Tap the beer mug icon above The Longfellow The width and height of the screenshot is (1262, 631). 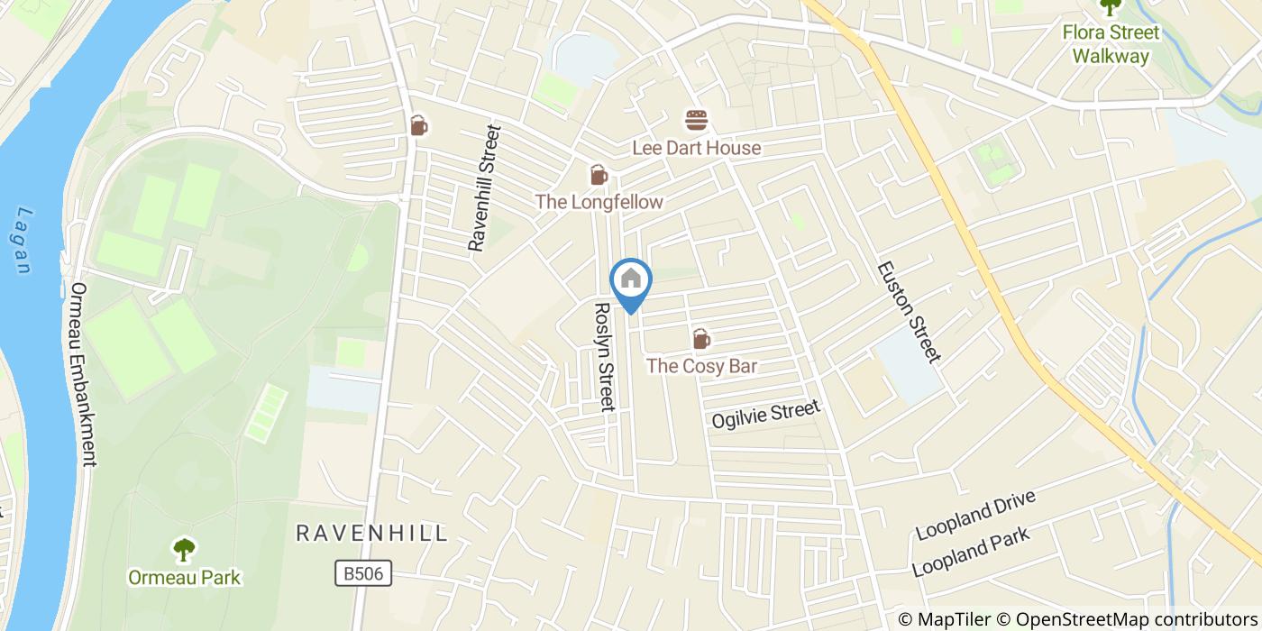[599, 175]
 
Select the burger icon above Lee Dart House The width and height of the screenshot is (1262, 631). [696, 120]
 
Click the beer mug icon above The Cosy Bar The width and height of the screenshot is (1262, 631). [701, 339]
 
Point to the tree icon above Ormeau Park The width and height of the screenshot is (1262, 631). [184, 549]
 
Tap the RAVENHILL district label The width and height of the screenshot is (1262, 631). [371, 533]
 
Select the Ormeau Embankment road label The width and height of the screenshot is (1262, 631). [82, 374]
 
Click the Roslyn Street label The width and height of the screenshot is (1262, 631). [603, 356]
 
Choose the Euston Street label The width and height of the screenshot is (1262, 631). [909, 312]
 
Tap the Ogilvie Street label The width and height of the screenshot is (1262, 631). [765, 414]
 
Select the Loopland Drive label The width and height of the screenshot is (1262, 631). [974, 516]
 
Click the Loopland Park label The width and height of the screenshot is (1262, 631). [970, 553]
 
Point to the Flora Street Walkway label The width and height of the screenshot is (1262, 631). [1110, 44]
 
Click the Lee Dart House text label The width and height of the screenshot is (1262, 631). [696, 148]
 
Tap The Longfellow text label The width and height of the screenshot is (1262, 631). [599, 202]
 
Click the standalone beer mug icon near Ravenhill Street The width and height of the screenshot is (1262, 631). [418, 125]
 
